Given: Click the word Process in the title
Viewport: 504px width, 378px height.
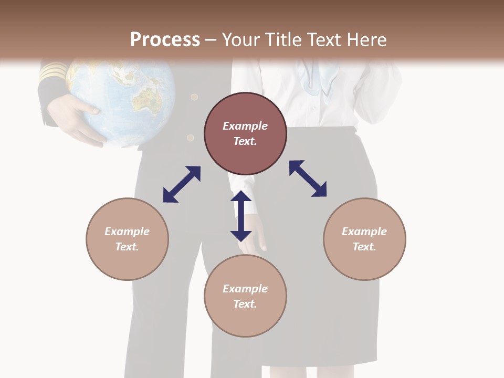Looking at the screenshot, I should [165, 40].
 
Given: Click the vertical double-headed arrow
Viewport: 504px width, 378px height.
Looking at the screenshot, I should [241, 216].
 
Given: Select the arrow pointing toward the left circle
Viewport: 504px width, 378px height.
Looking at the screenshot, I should [182, 184].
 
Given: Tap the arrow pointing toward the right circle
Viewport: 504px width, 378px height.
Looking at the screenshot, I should [308, 178].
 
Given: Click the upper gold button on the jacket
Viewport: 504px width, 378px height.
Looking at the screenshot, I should [194, 97].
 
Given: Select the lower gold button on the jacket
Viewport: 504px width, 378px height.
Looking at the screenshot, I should [191, 138].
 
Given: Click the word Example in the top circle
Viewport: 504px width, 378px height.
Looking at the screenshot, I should [245, 126].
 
